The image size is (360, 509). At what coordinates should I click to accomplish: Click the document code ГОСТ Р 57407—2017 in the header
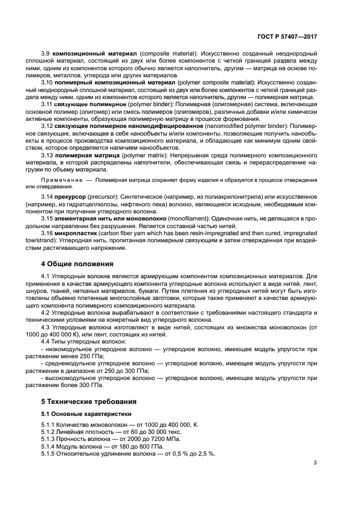click(x=287, y=36)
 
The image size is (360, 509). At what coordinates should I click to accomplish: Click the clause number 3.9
click(x=46, y=54)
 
